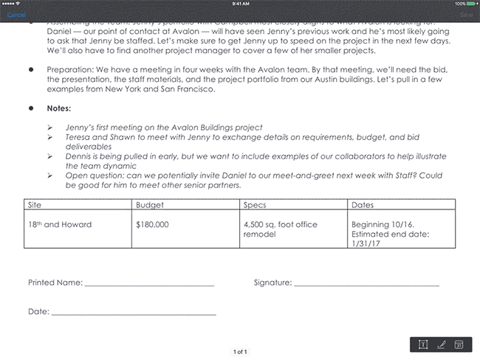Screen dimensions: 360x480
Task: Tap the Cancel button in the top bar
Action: pos(16,14)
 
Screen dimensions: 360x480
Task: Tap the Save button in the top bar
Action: pos(465,14)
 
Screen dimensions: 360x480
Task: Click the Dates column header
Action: pos(363,204)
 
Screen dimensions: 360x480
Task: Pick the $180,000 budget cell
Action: pos(153,223)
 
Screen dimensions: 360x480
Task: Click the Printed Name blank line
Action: pos(149,283)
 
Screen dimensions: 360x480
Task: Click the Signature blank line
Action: pos(366,283)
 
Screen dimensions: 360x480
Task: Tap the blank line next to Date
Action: pos(133,313)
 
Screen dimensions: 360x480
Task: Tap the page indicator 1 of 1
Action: pos(240,352)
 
